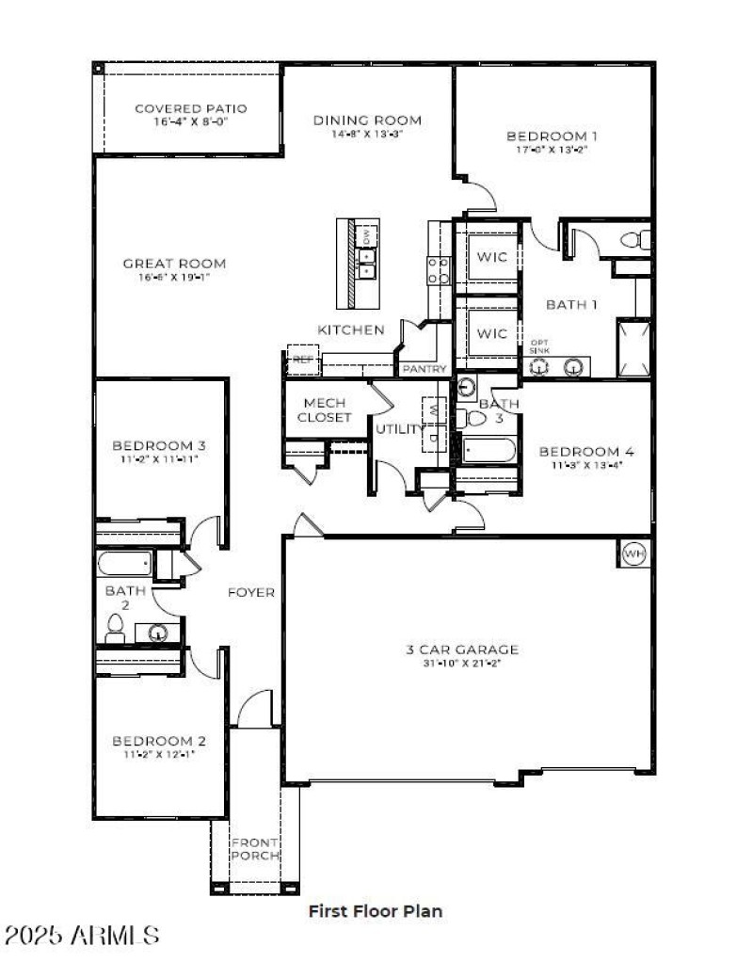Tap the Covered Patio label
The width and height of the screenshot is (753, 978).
pos(182,108)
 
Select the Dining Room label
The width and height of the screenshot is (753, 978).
pos(367,120)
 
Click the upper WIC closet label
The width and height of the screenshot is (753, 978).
pos(490,257)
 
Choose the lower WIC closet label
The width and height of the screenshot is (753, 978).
pos(490,333)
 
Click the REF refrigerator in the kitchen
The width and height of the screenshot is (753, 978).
pos(303,360)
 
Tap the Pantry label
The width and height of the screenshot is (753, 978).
pos(425,369)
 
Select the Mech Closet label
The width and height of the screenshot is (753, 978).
pos(324,409)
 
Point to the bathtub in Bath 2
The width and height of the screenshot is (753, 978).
pos(124,564)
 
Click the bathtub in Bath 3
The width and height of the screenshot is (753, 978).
pos(489,450)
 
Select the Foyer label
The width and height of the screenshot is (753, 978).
pos(251,592)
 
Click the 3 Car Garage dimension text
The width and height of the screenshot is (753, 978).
pos(462,664)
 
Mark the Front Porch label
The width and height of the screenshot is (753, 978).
pos(255,848)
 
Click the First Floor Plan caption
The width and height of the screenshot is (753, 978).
pos(376,910)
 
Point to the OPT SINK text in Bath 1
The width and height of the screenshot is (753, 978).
pos(539,345)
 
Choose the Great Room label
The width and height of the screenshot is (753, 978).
pos(174,264)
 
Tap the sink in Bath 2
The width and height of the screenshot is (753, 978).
pos(160,633)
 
